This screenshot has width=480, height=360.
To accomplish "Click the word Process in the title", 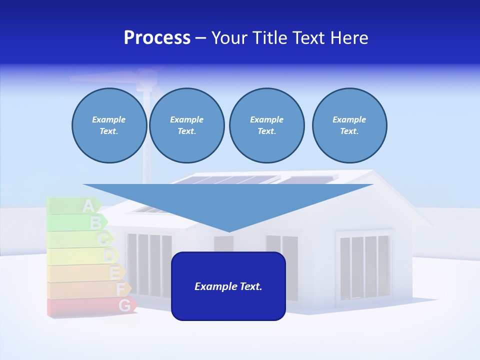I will (x=157, y=38).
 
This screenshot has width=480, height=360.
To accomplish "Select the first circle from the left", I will (x=109, y=125).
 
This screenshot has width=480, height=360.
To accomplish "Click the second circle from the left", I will (x=186, y=125).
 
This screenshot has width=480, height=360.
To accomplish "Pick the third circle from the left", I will (x=266, y=125).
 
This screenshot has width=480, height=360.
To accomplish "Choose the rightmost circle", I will (x=349, y=125).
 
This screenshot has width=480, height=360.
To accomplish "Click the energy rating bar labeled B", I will (x=77, y=222).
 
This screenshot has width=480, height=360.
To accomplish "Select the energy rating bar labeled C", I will (x=80, y=239).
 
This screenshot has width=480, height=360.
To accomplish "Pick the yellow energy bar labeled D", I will (x=83, y=256).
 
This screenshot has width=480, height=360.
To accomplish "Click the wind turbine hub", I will (x=145, y=76).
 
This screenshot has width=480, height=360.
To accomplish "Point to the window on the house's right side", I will (x=364, y=265).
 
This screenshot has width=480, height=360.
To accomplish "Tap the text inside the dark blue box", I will (x=228, y=286).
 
